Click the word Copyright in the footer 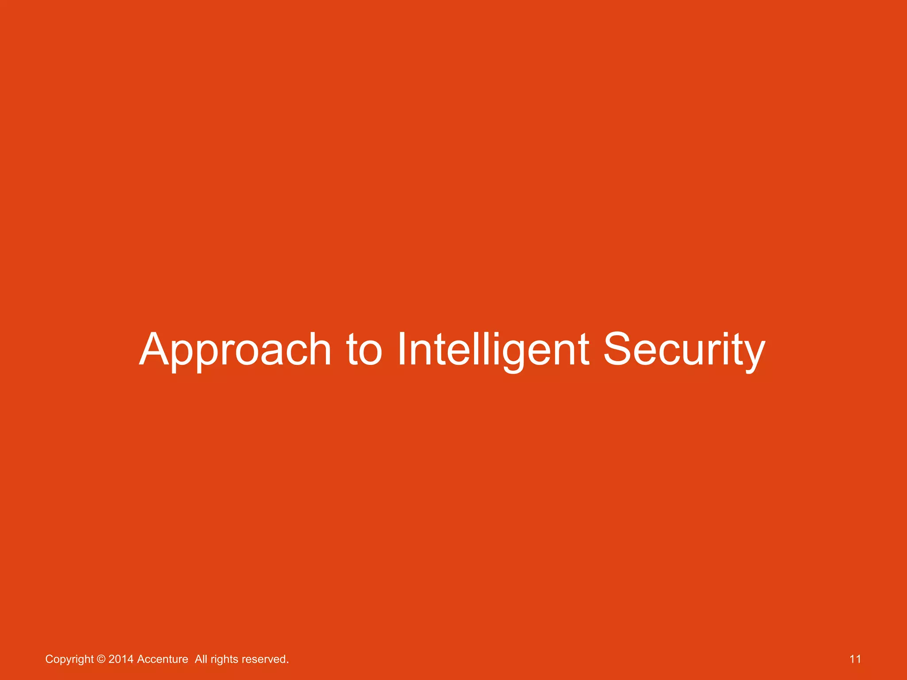[x=70, y=659]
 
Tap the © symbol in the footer [x=101, y=659]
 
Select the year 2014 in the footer [x=121, y=659]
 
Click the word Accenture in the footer [x=163, y=659]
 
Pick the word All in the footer [x=201, y=659]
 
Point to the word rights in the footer [x=225, y=659]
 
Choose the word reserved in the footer [x=265, y=659]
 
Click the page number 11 [x=855, y=659]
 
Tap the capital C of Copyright [x=49, y=659]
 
